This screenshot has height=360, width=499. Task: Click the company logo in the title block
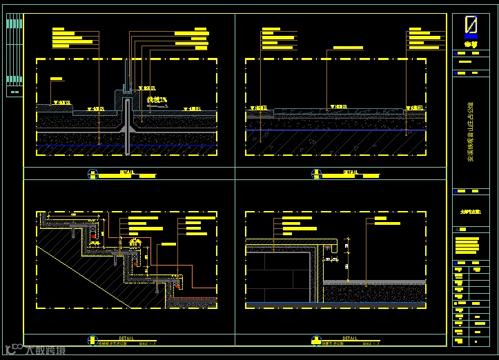[471, 26]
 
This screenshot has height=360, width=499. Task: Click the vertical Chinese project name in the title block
[471, 137]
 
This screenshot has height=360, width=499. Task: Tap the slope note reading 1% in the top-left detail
[158, 101]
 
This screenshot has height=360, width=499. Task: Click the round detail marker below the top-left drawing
[92, 174]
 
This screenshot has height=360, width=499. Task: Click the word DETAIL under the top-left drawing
[128, 172]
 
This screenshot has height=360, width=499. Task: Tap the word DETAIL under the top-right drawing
[351, 172]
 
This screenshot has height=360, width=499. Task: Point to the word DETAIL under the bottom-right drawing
[351, 337]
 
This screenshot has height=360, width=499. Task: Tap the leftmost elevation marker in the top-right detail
[260, 108]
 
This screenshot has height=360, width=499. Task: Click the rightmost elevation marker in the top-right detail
[414, 108]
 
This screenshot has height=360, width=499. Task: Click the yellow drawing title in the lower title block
[471, 214]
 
